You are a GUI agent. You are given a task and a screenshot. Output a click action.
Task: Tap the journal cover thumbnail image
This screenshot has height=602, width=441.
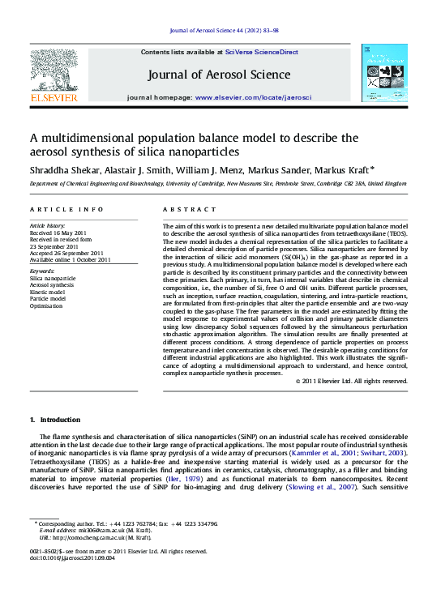(x=384, y=73)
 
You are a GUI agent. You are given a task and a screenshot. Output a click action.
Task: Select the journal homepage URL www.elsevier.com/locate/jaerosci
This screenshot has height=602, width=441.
(x=253, y=97)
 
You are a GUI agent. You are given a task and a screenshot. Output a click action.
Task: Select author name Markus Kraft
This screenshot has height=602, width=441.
(x=346, y=170)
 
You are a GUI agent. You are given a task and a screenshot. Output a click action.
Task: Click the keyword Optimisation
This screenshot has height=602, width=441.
(x=47, y=306)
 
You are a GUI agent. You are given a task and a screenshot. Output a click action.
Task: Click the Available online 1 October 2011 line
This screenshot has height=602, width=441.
(x=71, y=259)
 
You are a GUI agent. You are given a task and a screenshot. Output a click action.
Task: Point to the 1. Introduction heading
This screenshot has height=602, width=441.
(x=55, y=420)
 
